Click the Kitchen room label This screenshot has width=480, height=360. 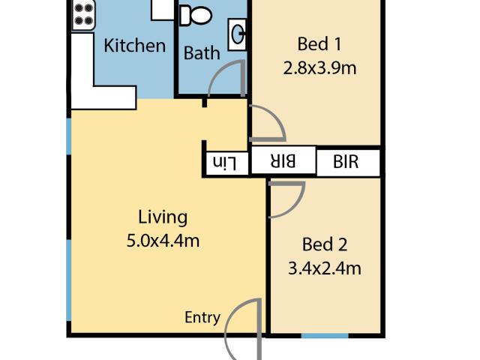[x=135, y=46]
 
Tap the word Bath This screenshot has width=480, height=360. [x=202, y=53]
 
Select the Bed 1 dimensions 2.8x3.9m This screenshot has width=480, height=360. [x=319, y=68]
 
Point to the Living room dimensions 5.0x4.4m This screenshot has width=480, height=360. [x=163, y=241]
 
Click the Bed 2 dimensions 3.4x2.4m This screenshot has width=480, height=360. [x=325, y=268]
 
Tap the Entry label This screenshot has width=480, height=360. [x=202, y=317]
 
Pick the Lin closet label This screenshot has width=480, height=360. [x=225, y=163]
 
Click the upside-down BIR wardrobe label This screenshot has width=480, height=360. [x=283, y=161]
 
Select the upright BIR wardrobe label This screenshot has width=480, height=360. [x=346, y=161]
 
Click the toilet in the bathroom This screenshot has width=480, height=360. [x=196, y=15]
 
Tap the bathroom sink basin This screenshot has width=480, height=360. [x=237, y=34]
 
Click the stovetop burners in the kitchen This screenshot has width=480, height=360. [x=83, y=15]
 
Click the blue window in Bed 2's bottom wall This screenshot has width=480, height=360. [x=325, y=336]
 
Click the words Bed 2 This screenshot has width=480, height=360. [x=325, y=244]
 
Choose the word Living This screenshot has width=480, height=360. [x=163, y=217]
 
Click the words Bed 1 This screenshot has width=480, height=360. [x=319, y=43]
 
